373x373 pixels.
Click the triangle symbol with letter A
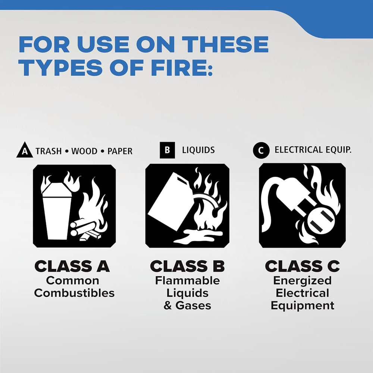(25, 150)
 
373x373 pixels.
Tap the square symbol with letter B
(167, 150)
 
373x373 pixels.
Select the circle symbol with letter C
(261, 150)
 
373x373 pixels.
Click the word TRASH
(48, 151)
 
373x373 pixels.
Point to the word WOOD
(84, 151)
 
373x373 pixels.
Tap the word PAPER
(120, 151)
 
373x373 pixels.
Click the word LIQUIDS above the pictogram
(198, 150)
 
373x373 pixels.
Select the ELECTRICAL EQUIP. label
(313, 150)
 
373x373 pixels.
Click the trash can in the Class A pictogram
(57, 210)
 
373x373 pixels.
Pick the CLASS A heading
(72, 266)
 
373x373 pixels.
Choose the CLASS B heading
(187, 266)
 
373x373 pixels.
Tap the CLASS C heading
(303, 266)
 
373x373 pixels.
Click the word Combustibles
(74, 293)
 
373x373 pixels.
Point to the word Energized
(303, 281)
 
